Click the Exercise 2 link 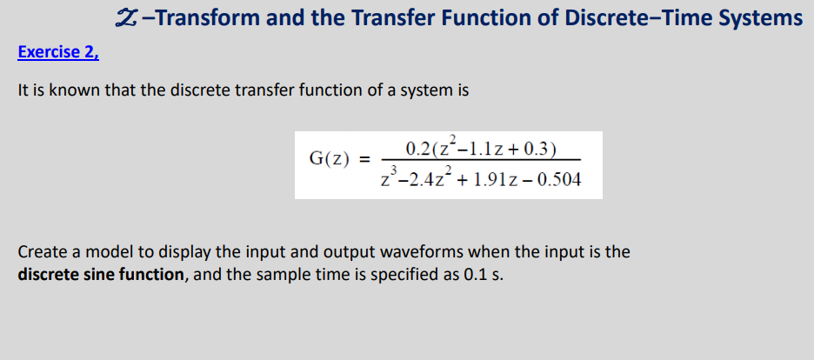[x=58, y=52]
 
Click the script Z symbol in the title [x=124, y=17]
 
